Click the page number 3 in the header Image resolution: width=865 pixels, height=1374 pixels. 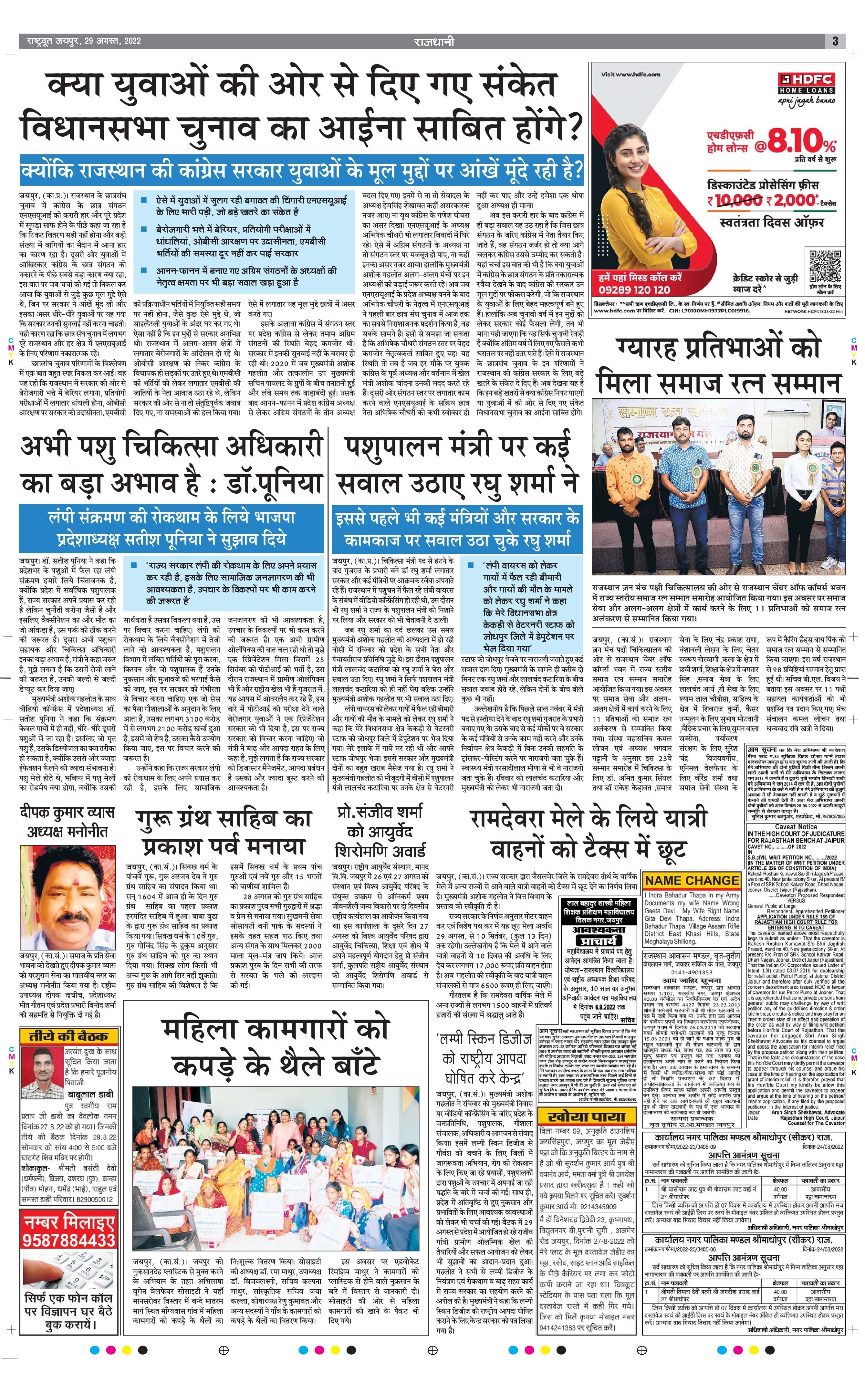(x=835, y=41)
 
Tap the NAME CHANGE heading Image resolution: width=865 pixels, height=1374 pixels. (x=692, y=880)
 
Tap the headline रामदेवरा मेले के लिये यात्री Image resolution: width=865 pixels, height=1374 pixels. (x=588, y=819)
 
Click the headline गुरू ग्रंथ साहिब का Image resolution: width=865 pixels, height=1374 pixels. (x=224, y=820)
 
